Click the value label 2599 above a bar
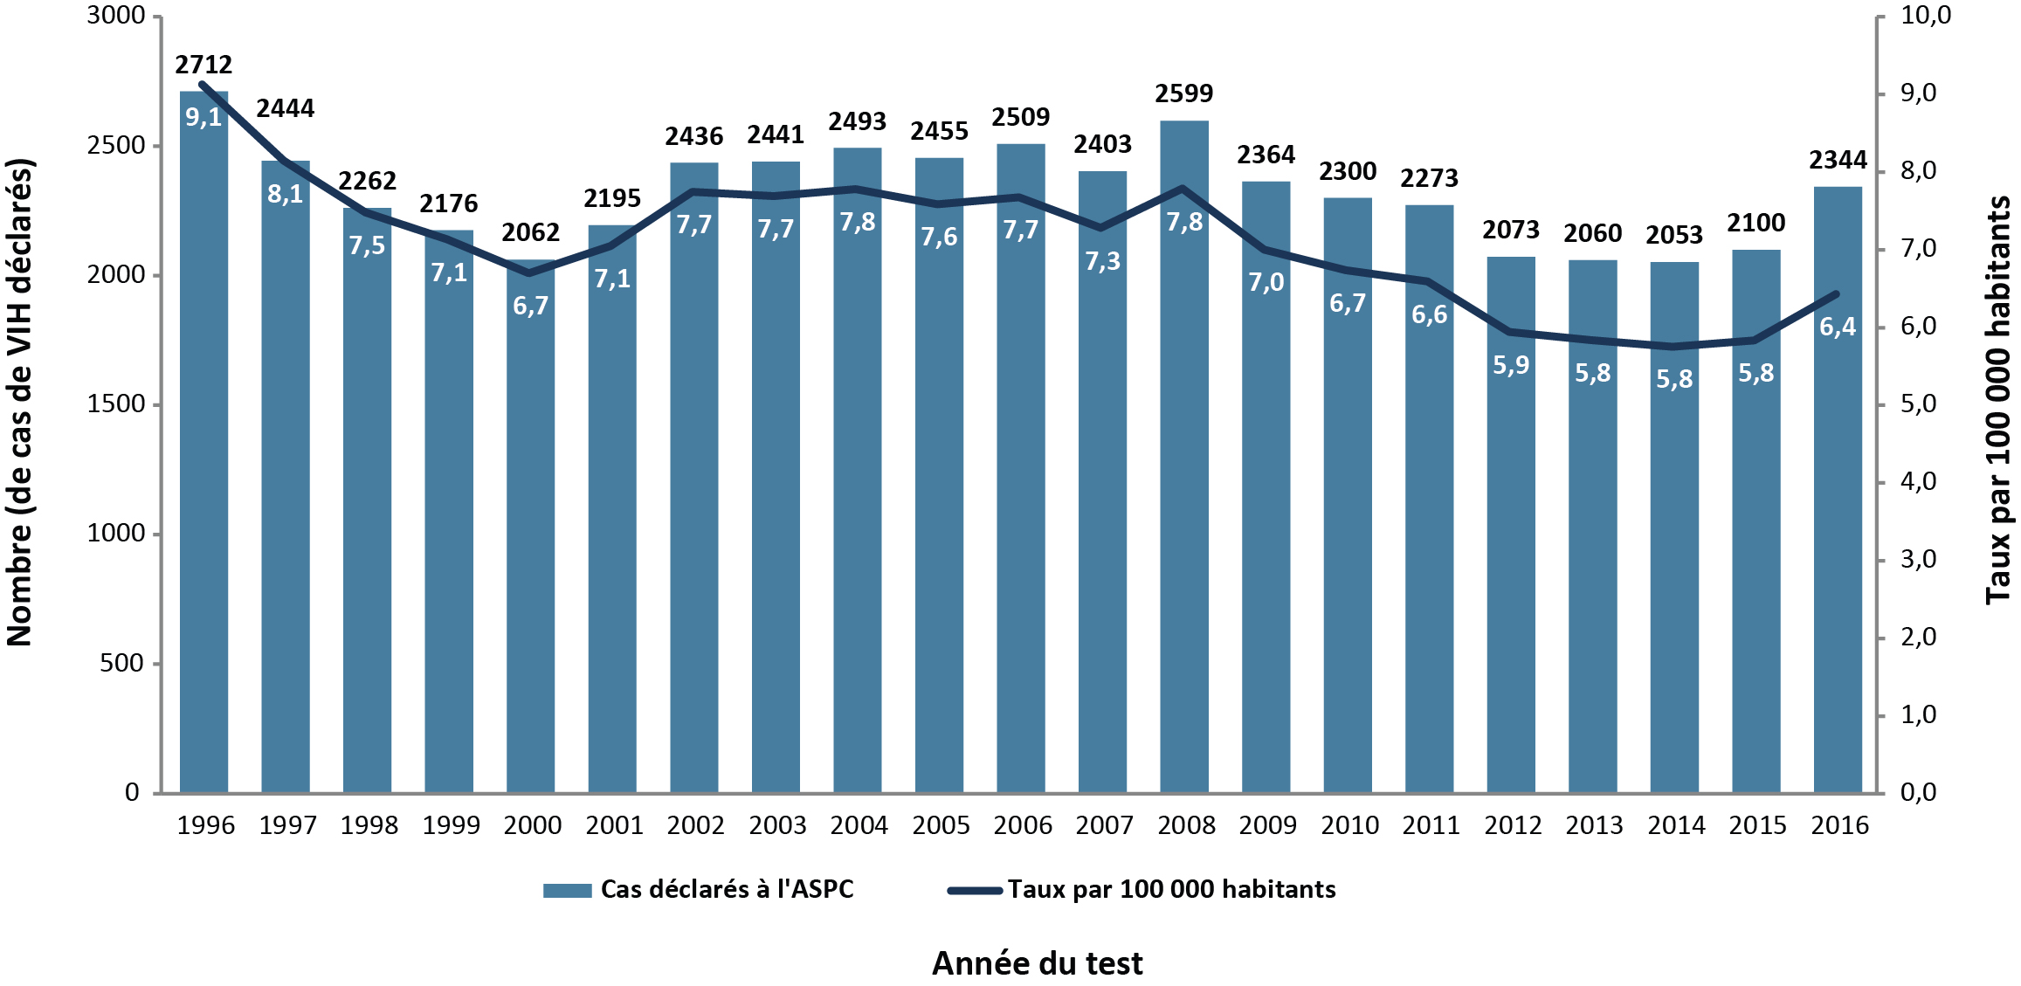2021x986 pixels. [x=1184, y=93]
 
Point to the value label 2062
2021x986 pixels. [x=530, y=232]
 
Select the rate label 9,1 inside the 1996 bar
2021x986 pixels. [x=203, y=117]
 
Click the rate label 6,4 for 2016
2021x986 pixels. [x=1838, y=328]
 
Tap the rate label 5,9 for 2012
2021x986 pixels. [x=1511, y=365]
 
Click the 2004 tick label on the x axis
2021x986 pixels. [x=859, y=825]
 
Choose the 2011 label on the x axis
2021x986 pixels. [x=1431, y=825]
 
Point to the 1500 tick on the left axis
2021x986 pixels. [x=115, y=404]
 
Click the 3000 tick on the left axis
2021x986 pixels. [x=115, y=16]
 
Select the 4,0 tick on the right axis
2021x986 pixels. [x=1919, y=482]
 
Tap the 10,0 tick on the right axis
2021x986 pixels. [x=1926, y=16]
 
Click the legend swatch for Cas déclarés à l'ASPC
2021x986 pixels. [x=567, y=890]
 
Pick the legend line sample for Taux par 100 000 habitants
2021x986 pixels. [x=974, y=890]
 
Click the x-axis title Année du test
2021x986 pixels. [x=1037, y=963]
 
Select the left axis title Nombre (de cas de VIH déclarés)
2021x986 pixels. [x=19, y=402]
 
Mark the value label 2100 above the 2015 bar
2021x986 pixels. [x=1756, y=224]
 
